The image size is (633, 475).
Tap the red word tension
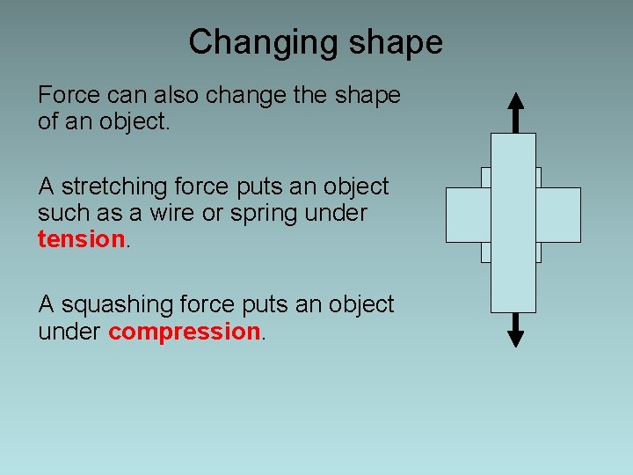[82, 239]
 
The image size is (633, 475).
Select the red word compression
[184, 332]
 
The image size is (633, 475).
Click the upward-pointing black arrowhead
[516, 102]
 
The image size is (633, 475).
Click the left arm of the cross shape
[467, 215]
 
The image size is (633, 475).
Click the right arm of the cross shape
[558, 215]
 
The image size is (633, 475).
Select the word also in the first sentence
[171, 95]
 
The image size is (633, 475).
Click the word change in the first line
[245, 95]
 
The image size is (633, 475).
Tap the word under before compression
[69, 332]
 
